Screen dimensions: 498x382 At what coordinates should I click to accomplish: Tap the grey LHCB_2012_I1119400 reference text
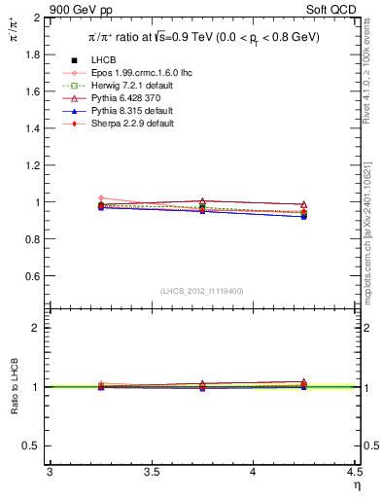(x=201, y=291)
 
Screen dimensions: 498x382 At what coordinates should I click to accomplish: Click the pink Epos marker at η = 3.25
(x=100, y=198)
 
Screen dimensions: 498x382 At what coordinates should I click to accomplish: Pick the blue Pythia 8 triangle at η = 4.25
(x=304, y=216)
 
